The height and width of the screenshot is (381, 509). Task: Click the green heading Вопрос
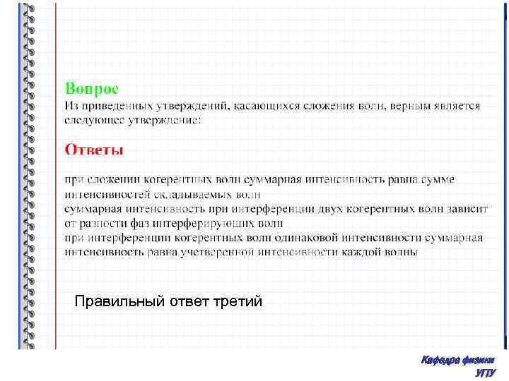[92, 88]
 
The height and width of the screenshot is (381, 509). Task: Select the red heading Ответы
[94, 149]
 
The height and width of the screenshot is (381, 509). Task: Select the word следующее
[94, 120]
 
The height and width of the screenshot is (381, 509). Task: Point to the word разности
[101, 224]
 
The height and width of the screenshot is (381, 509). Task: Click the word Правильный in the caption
[119, 302]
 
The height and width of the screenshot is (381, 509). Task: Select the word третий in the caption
[239, 302]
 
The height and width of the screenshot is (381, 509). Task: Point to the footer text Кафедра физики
[458, 360]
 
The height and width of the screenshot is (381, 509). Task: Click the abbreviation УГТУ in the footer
[486, 373]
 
